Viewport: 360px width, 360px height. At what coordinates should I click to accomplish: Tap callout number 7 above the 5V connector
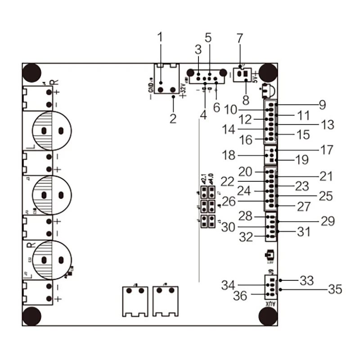(x=239, y=38)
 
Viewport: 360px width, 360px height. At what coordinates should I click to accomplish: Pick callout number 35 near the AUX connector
(x=335, y=289)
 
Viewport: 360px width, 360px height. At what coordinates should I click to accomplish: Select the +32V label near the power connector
(x=183, y=90)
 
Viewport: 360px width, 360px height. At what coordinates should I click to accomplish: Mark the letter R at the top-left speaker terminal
(x=54, y=82)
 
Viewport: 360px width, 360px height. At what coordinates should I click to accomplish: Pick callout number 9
(x=322, y=105)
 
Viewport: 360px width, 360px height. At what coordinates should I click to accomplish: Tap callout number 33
(x=307, y=280)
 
